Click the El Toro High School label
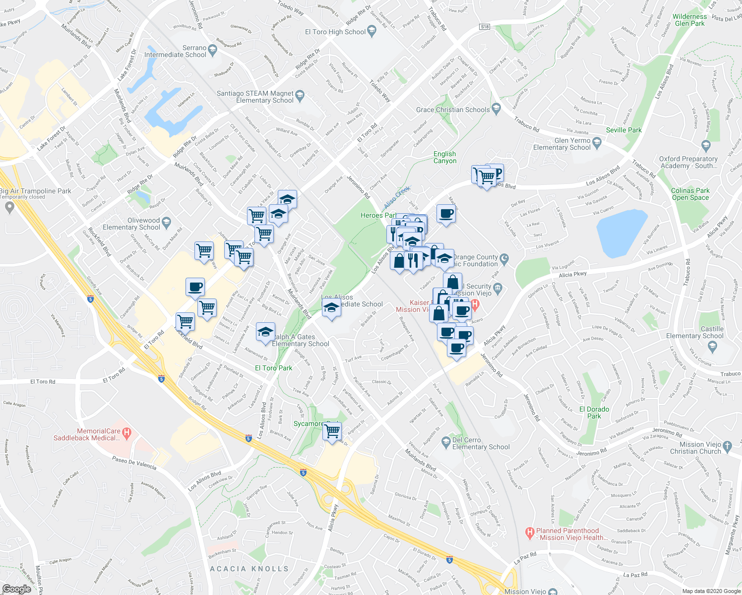(x=335, y=32)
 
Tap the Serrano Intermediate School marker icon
(x=213, y=49)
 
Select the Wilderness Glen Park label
(x=689, y=20)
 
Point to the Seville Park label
(x=623, y=130)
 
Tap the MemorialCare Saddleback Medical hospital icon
(x=126, y=433)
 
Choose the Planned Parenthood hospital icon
(x=530, y=533)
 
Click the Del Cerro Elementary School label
(x=481, y=443)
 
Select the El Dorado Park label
(x=594, y=413)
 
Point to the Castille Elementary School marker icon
(x=713, y=346)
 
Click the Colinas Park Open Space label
(x=690, y=194)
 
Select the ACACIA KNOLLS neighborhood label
(x=249, y=569)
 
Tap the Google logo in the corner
(x=16, y=589)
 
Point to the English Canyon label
(x=444, y=157)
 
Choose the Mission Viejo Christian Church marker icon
(x=727, y=445)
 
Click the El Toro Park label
(x=273, y=368)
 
